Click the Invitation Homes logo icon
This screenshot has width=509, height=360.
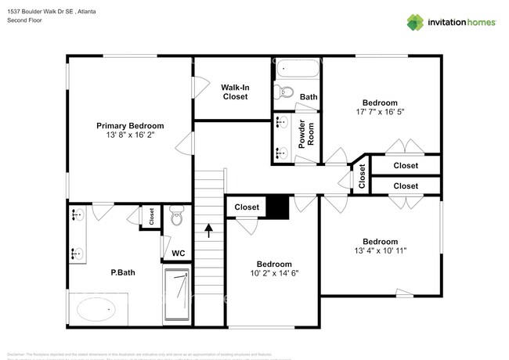click(415, 22)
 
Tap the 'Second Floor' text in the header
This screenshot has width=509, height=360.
click(25, 20)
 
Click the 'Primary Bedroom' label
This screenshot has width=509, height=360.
click(130, 125)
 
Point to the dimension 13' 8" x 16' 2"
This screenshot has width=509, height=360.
click(130, 135)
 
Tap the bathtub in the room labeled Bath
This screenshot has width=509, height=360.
click(297, 69)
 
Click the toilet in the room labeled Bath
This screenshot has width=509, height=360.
click(285, 94)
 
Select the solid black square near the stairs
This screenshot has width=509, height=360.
click(279, 207)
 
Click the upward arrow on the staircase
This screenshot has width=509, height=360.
click(209, 229)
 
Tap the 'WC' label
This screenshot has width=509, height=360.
click(178, 254)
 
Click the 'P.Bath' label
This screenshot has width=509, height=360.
click(125, 273)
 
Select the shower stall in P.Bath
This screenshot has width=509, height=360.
click(177, 295)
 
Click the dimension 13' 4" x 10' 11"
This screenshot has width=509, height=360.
click(379, 250)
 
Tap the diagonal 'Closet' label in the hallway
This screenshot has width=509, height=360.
click(362, 177)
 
